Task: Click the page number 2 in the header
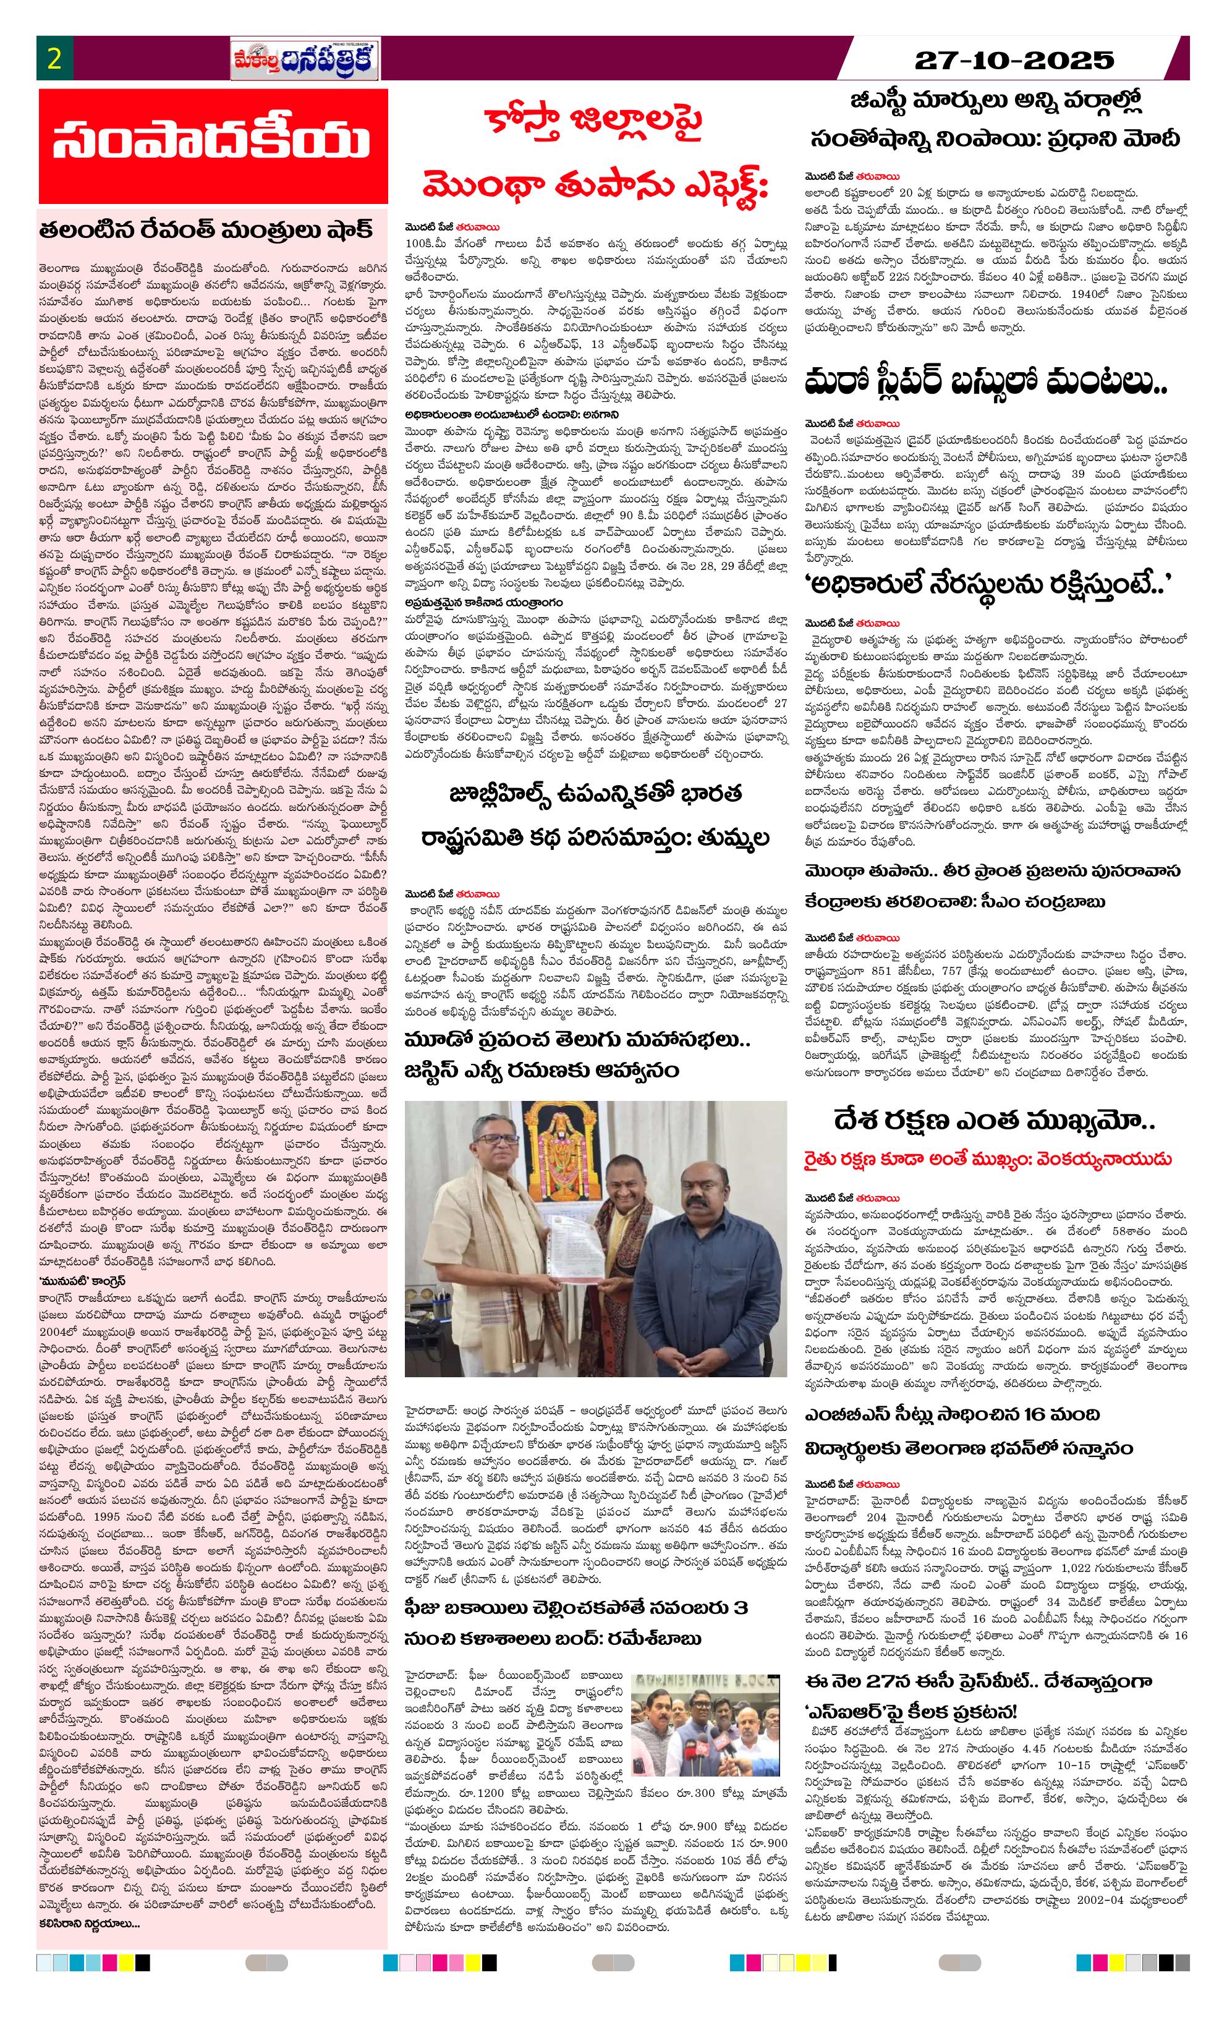tap(54, 60)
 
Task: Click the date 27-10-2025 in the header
tap(1014, 60)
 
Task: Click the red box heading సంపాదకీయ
tap(213, 146)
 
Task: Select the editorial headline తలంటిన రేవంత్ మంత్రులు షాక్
tap(206, 228)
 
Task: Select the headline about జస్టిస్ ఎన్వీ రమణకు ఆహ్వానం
tap(541, 1071)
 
